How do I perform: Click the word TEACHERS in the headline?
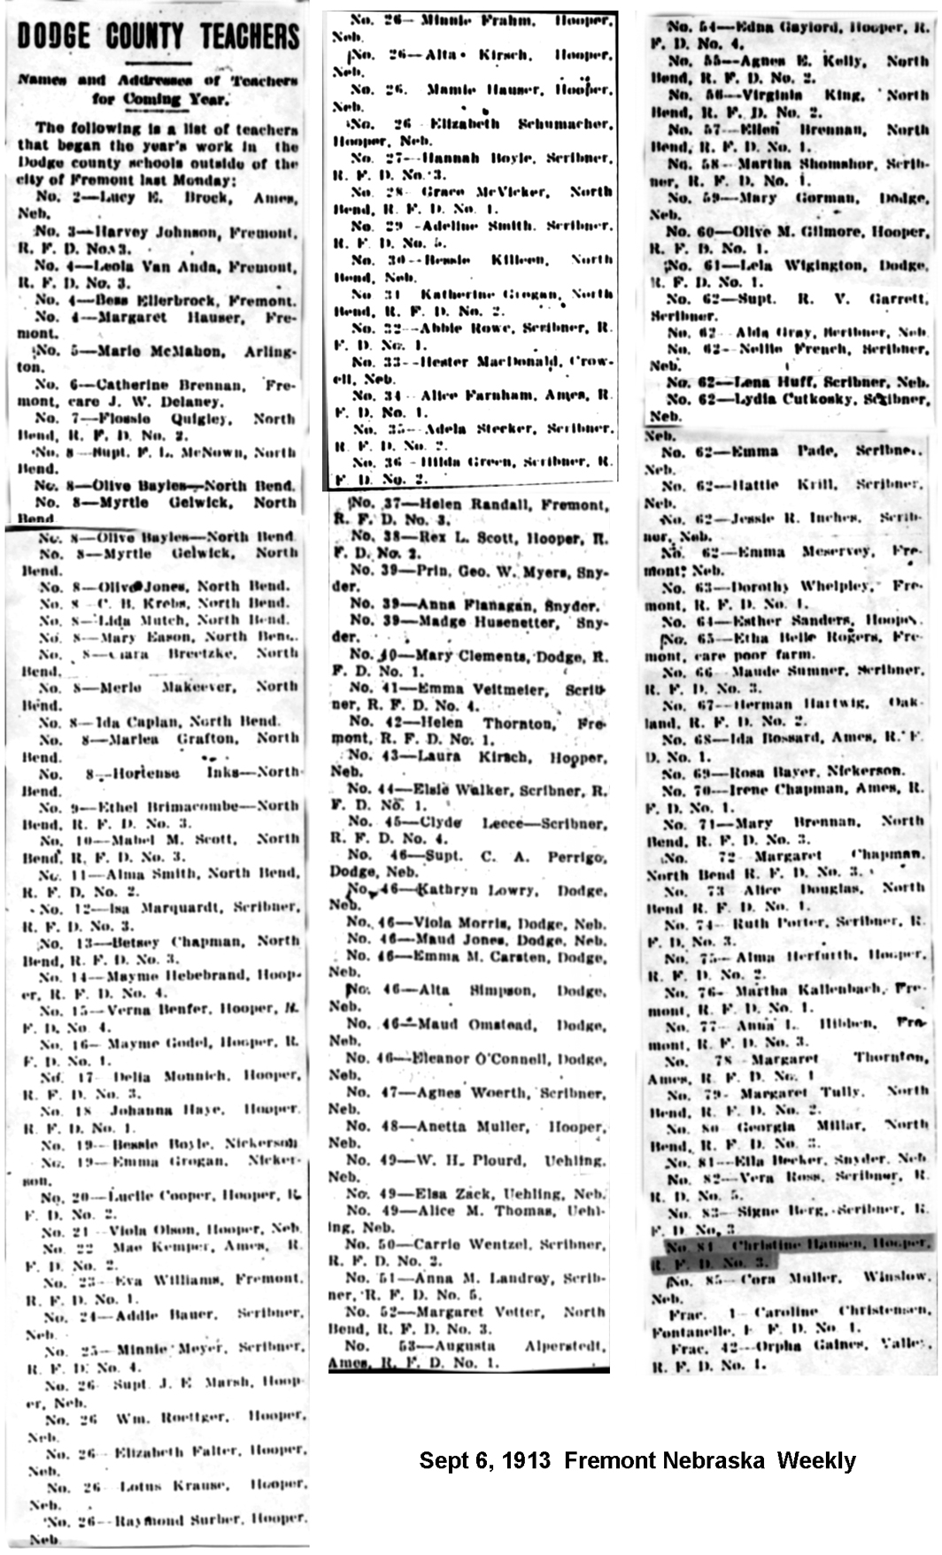point(250,36)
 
